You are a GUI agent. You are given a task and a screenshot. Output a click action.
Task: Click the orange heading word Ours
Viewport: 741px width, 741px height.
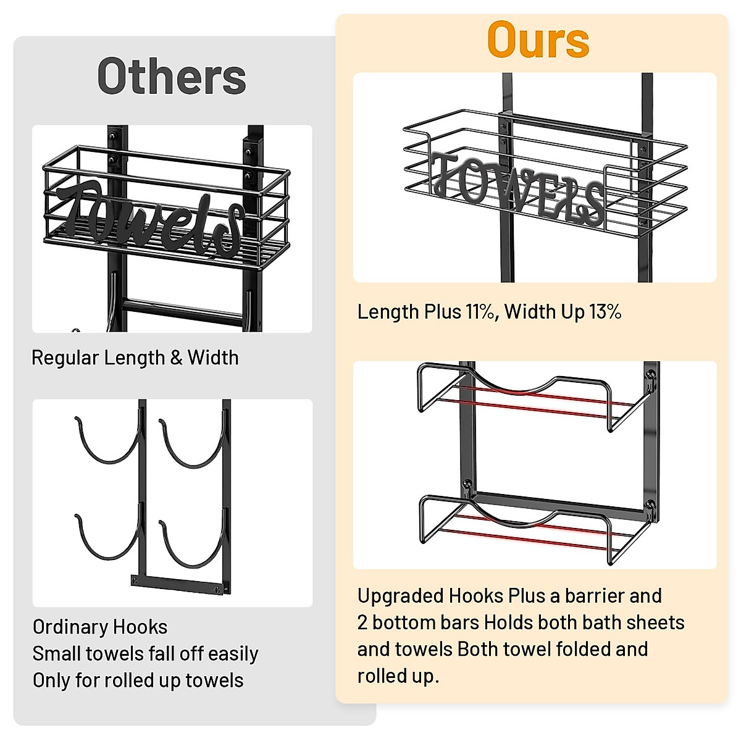tap(538, 40)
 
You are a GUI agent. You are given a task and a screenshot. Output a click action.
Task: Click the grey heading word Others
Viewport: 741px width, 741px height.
tap(172, 77)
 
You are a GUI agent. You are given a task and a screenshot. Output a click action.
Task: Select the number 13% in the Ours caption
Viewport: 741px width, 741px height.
tap(605, 312)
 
